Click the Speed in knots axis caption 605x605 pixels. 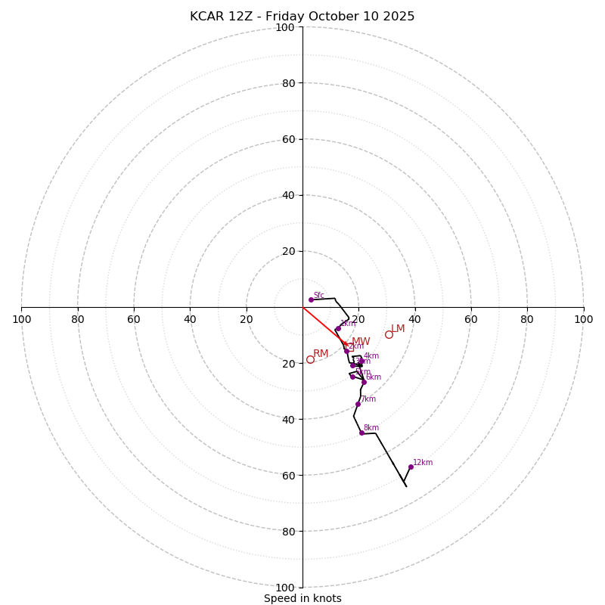point(302,598)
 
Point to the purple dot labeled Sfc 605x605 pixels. point(311,299)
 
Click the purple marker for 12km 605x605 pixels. point(411,467)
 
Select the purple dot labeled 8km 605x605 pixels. point(361,433)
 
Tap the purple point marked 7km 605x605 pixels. point(358,404)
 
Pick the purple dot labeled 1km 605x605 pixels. point(338,328)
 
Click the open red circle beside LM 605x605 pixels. point(389,334)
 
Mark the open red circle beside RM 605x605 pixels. point(310,359)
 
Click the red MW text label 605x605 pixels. point(361,342)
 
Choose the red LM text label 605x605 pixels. point(398,328)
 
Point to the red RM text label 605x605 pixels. point(321,353)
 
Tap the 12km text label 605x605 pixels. point(423,462)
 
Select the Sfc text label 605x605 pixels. point(318,295)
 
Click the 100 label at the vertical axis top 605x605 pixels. point(285,27)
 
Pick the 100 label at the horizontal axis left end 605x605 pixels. point(21,319)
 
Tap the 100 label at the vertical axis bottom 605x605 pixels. point(285,587)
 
